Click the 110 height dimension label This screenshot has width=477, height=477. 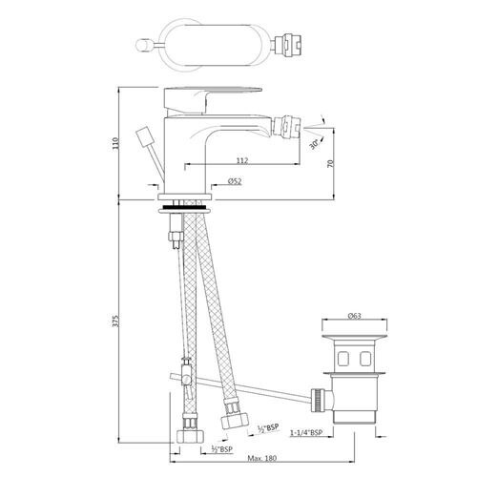coord(115,143)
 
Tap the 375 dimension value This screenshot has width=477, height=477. coord(115,321)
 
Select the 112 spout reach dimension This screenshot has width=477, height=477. coord(242,160)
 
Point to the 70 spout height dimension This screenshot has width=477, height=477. coord(331,163)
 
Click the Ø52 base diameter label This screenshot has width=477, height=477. coord(235,181)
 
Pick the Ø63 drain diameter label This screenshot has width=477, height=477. coord(354,316)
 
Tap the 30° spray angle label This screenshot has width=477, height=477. coord(314,145)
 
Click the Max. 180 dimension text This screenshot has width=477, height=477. coord(262,458)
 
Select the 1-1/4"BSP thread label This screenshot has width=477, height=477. coord(306,432)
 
